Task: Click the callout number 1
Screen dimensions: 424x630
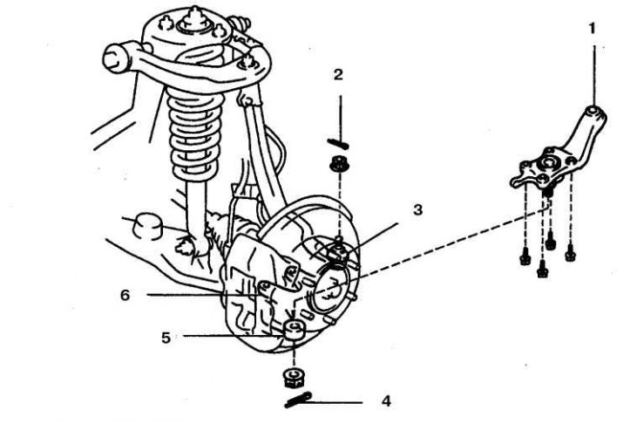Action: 592,28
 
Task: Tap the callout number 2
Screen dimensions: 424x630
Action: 340,75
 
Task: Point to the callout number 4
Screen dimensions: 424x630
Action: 385,402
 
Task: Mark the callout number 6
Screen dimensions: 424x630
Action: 126,295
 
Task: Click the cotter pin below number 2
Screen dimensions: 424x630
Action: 338,142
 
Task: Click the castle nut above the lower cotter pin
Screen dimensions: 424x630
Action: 294,377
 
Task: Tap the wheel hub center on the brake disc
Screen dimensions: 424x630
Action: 330,287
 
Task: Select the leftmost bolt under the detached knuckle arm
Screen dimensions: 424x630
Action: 525,257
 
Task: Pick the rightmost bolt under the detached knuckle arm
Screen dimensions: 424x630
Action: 570,254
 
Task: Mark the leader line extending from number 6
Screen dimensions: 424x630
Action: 183,295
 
